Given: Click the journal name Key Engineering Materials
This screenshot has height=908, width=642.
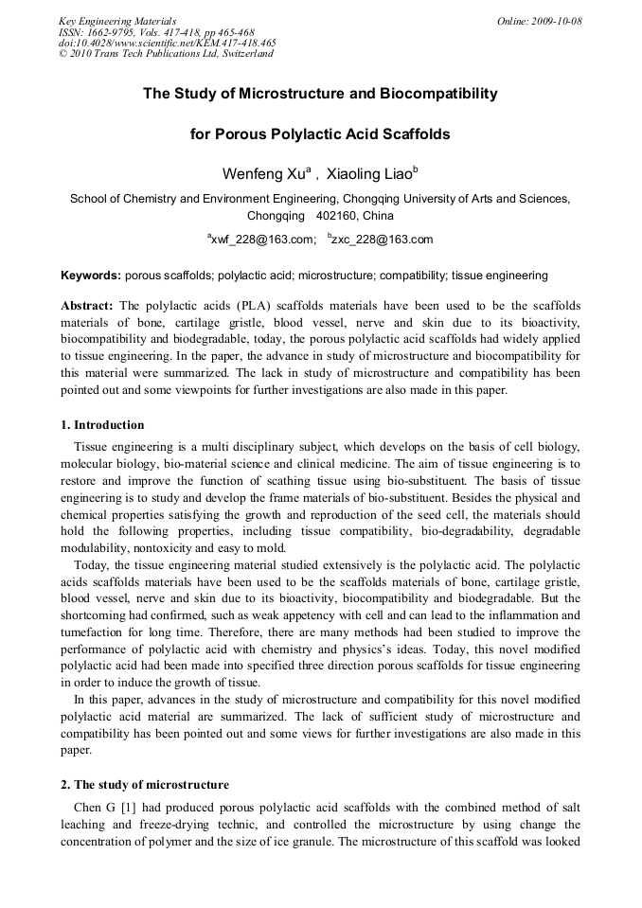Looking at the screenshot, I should (x=117, y=21).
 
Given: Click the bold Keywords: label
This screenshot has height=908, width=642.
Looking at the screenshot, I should (x=91, y=276).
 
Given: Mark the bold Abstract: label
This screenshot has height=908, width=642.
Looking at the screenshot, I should (x=87, y=306).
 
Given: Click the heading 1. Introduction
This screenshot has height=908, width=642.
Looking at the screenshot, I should (x=102, y=425).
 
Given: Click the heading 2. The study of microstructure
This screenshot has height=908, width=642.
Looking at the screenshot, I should (x=145, y=785).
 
